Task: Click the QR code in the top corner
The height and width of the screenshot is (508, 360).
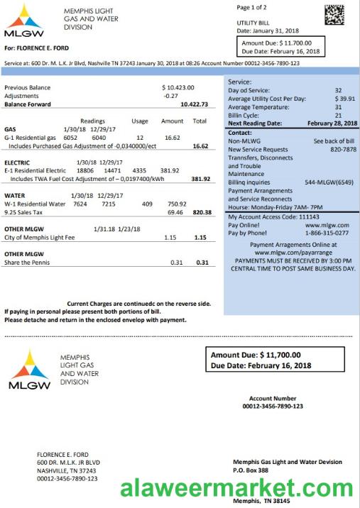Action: (335, 15)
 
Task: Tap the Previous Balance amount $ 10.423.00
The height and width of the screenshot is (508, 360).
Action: (178, 87)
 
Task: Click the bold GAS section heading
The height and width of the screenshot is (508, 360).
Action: (10, 129)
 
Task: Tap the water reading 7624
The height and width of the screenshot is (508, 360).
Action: (80, 204)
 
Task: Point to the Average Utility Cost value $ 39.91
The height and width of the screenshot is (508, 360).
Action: (344, 99)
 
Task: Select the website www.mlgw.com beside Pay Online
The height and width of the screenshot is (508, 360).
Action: (329, 224)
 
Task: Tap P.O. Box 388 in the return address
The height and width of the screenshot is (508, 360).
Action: (251, 470)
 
